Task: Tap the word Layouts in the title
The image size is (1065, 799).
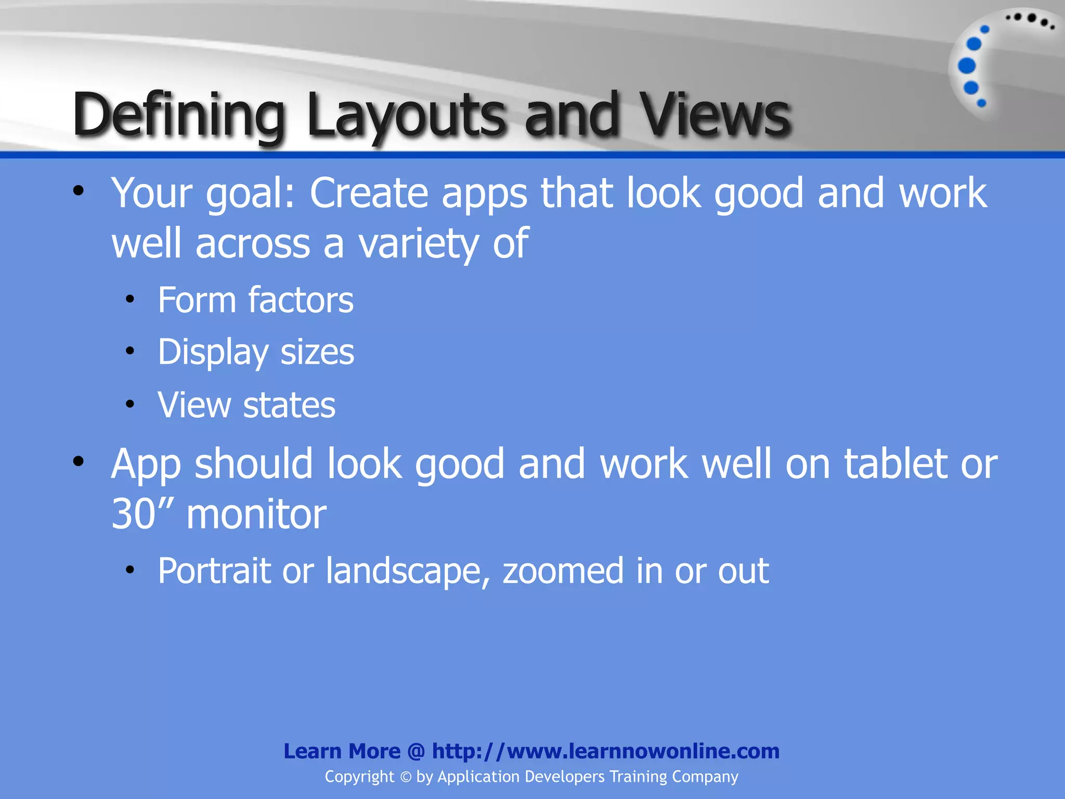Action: tap(406, 115)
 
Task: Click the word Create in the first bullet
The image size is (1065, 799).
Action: tap(369, 193)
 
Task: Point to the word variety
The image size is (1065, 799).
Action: tap(418, 244)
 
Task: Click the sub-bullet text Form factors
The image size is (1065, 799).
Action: tap(255, 300)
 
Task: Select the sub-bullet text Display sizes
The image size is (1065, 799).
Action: tap(256, 353)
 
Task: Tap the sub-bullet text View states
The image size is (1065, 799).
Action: tap(246, 405)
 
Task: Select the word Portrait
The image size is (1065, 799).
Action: tap(214, 571)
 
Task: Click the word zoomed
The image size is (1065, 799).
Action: tap(563, 571)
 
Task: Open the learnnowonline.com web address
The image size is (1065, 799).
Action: tap(606, 751)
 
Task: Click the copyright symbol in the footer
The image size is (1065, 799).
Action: tap(406, 777)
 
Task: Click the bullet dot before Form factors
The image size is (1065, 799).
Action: tap(130, 300)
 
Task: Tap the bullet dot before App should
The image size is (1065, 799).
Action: tap(79, 461)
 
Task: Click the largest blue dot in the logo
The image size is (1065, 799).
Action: tap(967, 66)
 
